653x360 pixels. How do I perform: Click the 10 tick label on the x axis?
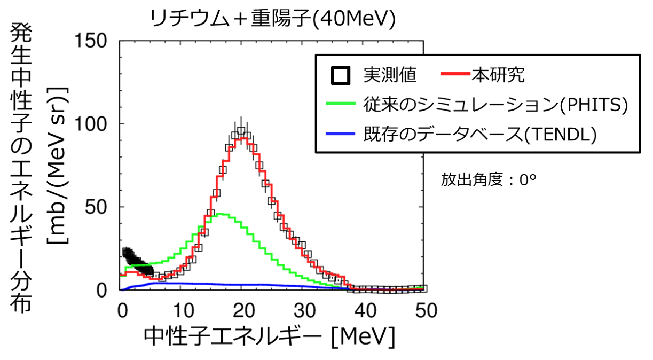click(x=181, y=310)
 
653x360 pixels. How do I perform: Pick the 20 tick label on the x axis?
click(x=242, y=310)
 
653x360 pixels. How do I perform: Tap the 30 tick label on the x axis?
click(x=303, y=310)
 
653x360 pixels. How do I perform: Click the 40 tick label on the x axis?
click(x=364, y=310)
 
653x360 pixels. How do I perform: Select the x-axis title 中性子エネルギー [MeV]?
click(x=270, y=338)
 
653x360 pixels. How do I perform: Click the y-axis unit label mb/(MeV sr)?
click(x=57, y=166)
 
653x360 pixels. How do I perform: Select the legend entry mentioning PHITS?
click(x=494, y=105)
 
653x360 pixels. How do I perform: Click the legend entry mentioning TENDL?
click(x=479, y=135)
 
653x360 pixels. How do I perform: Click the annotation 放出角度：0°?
click(x=488, y=180)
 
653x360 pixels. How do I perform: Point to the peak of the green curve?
click(x=222, y=214)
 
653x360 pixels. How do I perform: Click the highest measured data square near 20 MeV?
click(x=241, y=131)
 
